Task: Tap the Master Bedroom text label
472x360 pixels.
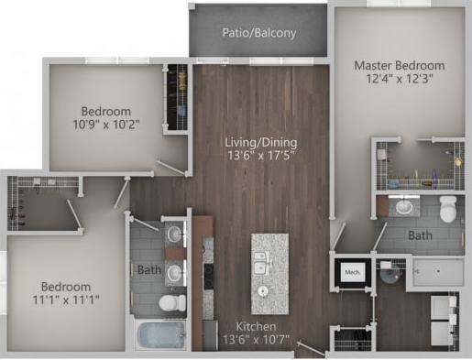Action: (x=400, y=66)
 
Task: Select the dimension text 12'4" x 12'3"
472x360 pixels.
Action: (x=400, y=81)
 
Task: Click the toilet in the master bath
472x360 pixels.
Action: (x=448, y=210)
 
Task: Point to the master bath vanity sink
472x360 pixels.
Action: (x=404, y=206)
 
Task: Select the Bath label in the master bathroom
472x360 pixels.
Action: (x=420, y=235)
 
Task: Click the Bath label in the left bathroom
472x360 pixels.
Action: (x=148, y=270)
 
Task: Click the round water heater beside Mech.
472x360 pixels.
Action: (x=389, y=272)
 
